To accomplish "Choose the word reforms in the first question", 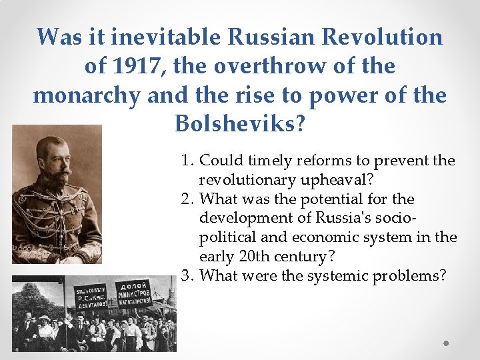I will point(318,161).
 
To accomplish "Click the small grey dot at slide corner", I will point(447,343).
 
